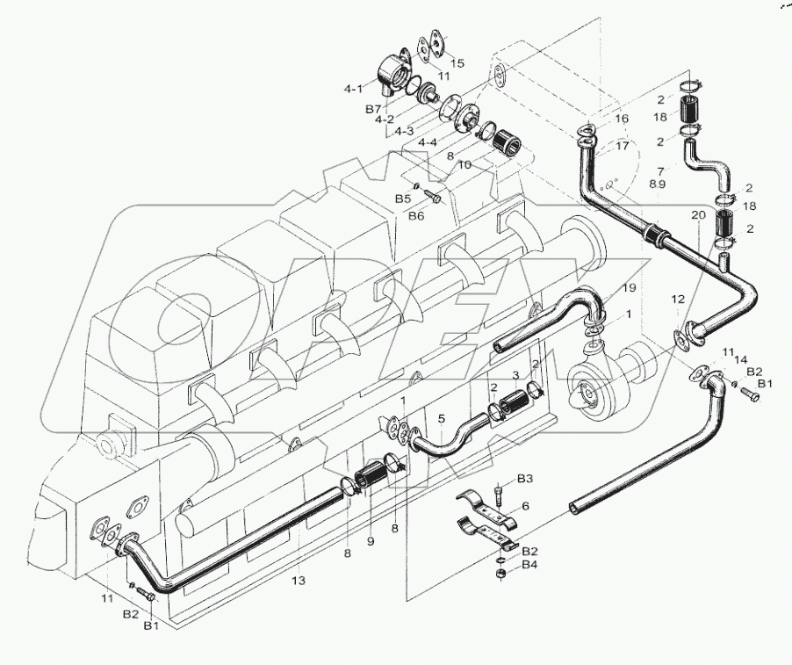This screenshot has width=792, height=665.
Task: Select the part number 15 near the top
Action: [457, 63]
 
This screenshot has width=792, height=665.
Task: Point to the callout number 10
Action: [464, 164]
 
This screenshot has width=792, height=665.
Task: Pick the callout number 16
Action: [622, 118]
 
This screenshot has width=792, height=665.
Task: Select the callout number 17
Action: [622, 146]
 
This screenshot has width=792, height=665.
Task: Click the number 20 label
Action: [697, 214]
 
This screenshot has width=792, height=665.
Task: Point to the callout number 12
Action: [678, 300]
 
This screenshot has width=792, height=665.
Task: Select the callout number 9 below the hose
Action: [370, 542]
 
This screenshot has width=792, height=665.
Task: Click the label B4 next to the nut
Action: [529, 564]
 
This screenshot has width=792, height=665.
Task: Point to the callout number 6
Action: [525, 506]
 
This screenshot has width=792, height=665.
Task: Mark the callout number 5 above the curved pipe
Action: [442, 418]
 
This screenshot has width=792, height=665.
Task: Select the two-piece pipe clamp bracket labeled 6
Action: [484, 517]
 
